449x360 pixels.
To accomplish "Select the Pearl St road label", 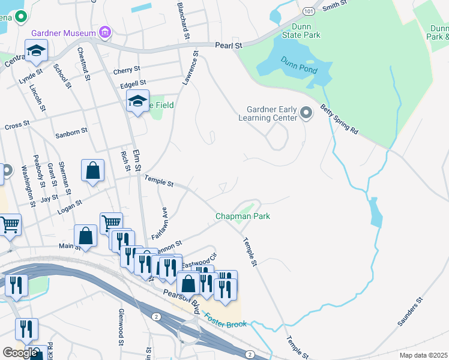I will [x=229, y=45].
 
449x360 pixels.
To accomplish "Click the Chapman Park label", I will [x=243, y=216].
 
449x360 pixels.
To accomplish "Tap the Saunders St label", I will [x=411, y=311].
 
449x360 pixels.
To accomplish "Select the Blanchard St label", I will [x=182, y=21].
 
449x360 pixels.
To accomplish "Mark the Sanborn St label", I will [x=71, y=130].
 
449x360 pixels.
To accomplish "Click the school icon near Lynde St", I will [x=36, y=50].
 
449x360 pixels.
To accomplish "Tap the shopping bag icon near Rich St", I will [x=93, y=170].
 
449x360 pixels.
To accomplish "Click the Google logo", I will [x=20, y=353].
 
